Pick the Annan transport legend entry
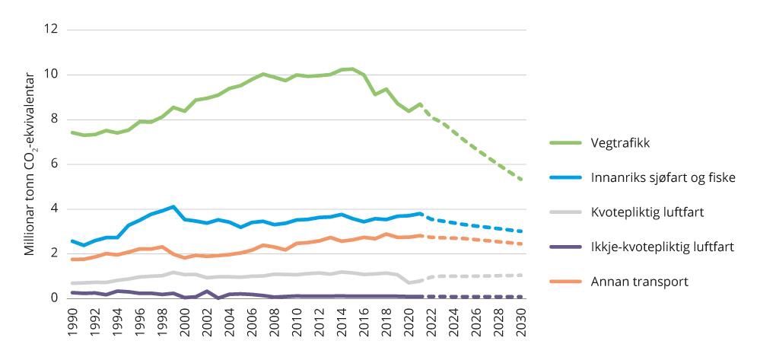[640, 282]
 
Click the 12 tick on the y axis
[51, 30]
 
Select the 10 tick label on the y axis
[51, 75]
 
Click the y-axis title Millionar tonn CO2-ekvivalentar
[30, 164]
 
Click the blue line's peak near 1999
[173, 207]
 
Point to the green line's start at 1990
[71, 132]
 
